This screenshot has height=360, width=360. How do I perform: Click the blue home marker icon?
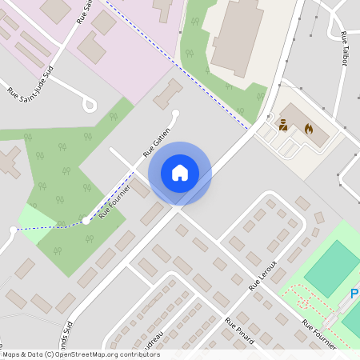pyautogui.click(x=180, y=173)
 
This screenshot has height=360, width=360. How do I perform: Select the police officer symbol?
pyautogui.click(x=282, y=124)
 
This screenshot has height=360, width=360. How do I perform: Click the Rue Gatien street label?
pyautogui.click(x=157, y=140)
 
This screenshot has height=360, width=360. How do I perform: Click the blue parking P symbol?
pyautogui.click(x=354, y=294)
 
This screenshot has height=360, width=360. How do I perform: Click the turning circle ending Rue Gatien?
pyautogui.click(x=176, y=114)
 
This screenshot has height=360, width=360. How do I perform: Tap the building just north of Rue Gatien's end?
pyautogui.click(x=167, y=94)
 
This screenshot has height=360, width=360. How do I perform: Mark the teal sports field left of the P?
pyautogui.click(x=332, y=268)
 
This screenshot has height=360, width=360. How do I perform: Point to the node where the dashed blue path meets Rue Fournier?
pyautogui.click(x=86, y=220)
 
